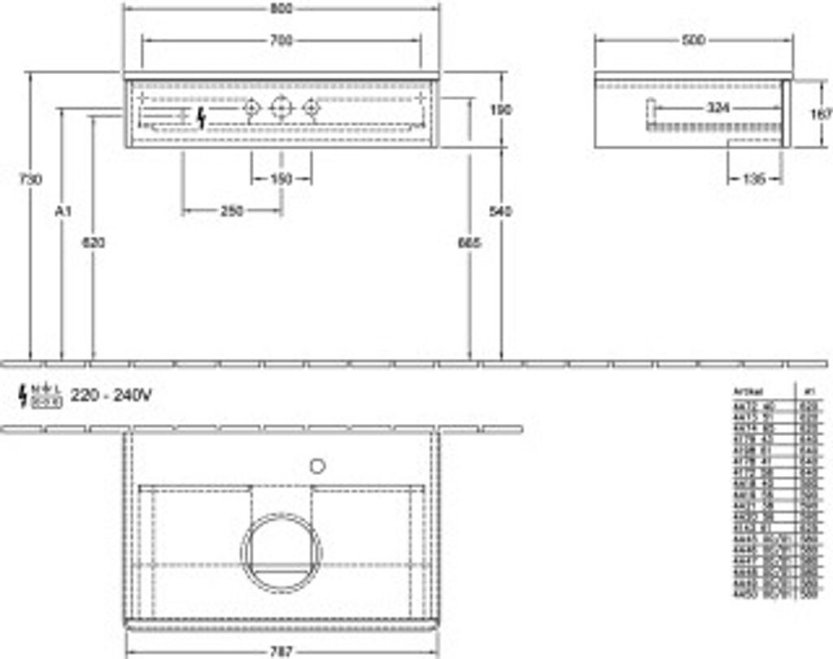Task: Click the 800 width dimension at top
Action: pos(281,9)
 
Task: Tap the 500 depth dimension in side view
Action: pos(693,40)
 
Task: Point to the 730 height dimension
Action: pos(29,180)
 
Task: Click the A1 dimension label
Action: pos(63,211)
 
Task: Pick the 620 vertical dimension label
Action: pos(94,242)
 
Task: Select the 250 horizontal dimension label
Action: pos(232,211)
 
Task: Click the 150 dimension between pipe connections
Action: pos(281,180)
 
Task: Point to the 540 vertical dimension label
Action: pos(501,211)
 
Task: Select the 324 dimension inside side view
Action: pos(717,107)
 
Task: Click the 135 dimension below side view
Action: pos(754,180)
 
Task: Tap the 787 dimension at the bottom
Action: pos(281,652)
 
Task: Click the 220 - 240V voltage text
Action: pos(111,395)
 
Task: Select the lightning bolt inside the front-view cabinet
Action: pos(202,118)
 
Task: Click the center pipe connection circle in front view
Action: pos(281,107)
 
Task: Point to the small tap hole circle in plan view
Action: pos(317,466)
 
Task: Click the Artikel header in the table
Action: pos(748,390)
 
